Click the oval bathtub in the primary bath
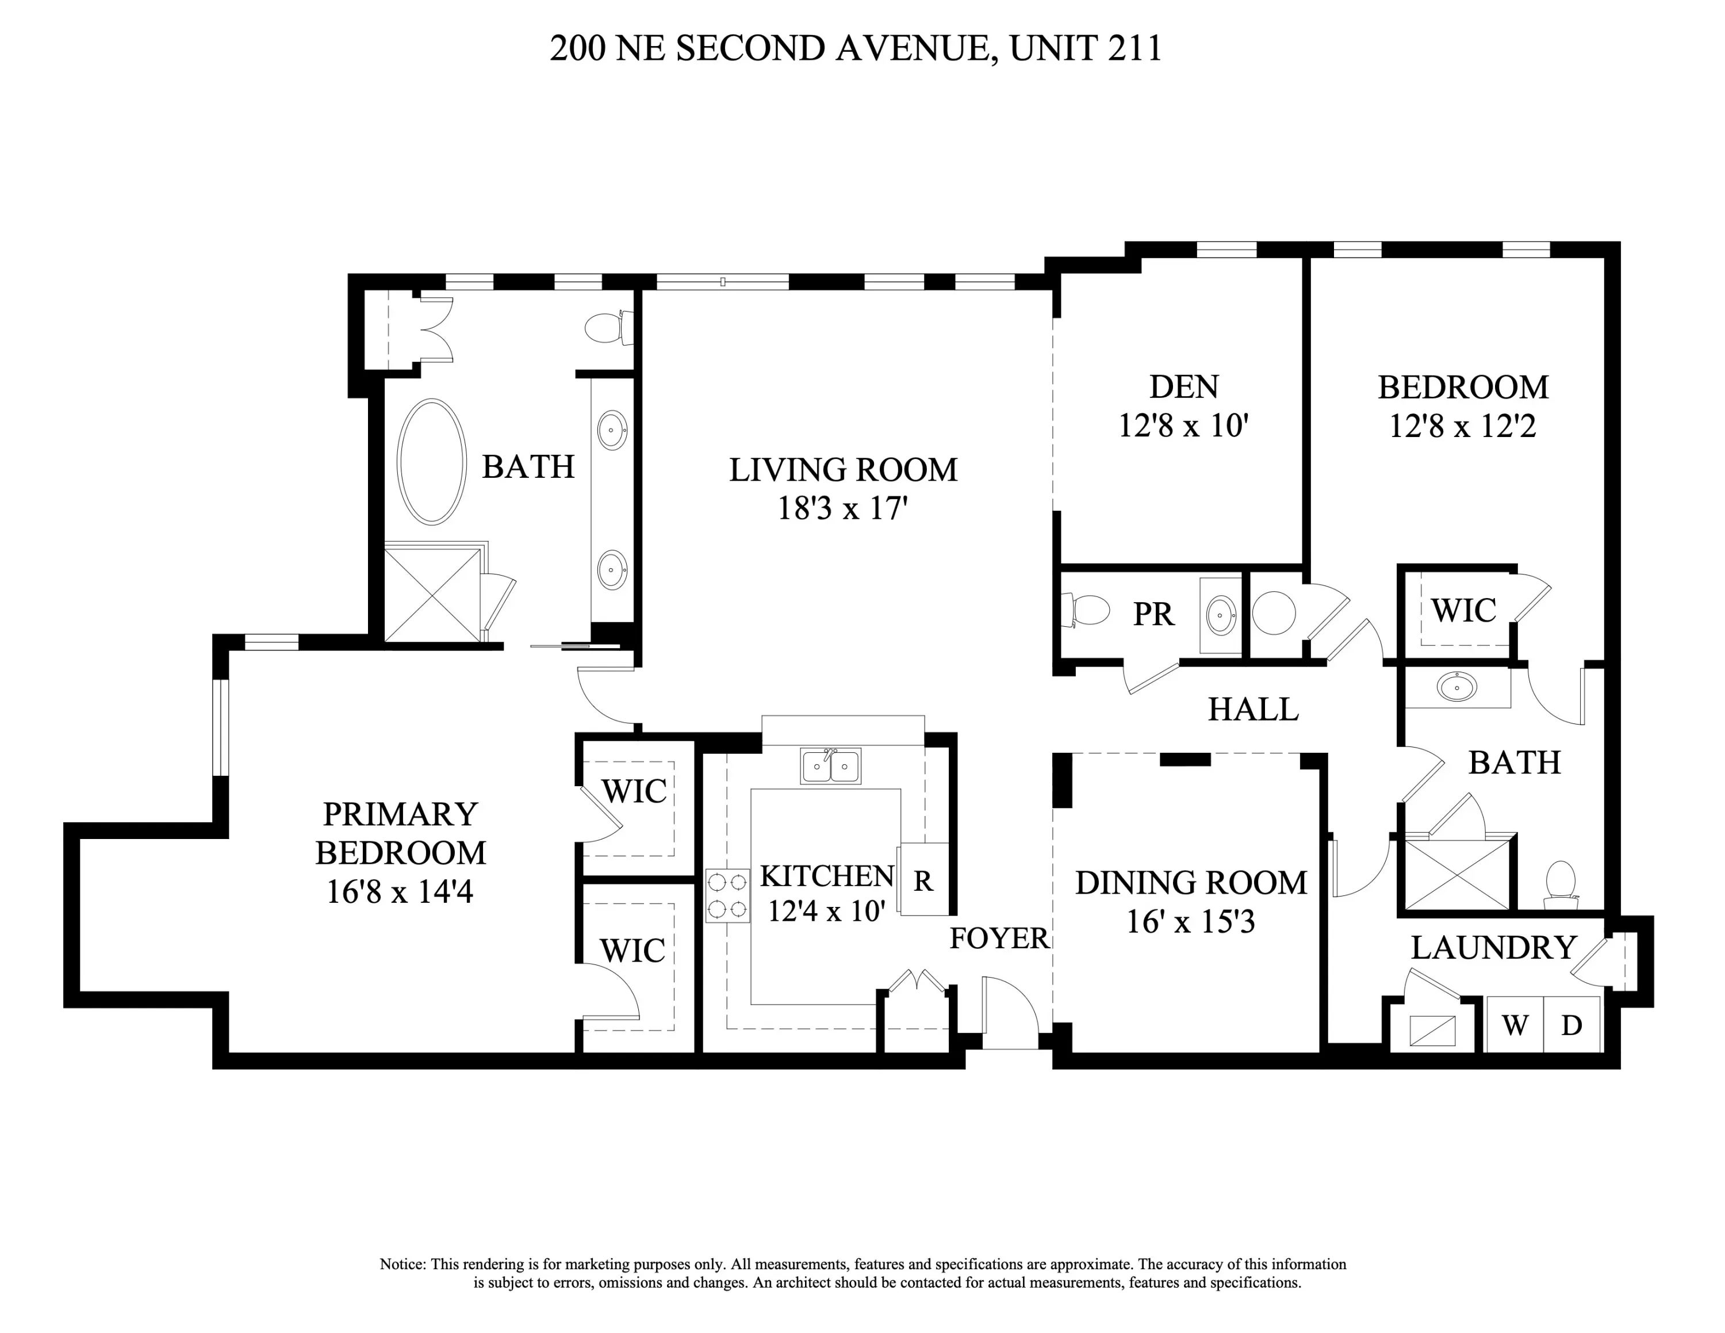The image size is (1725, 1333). [431, 461]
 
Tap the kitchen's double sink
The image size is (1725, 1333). [830, 765]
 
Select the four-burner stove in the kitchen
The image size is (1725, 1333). [727, 895]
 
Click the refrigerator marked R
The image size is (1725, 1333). [922, 880]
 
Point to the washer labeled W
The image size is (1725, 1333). [1514, 1025]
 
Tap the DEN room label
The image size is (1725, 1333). [1183, 387]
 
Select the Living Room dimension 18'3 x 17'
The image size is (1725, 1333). [842, 508]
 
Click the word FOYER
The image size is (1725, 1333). [999, 938]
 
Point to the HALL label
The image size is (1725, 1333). [1253, 709]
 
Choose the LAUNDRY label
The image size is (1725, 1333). [1494, 948]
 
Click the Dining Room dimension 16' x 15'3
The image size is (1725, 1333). [1190, 922]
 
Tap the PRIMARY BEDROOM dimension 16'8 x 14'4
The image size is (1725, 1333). [400, 891]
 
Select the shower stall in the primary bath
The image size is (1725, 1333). [432, 594]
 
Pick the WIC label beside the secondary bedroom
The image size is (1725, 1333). [1463, 611]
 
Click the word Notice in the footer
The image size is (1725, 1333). [402, 1265]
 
